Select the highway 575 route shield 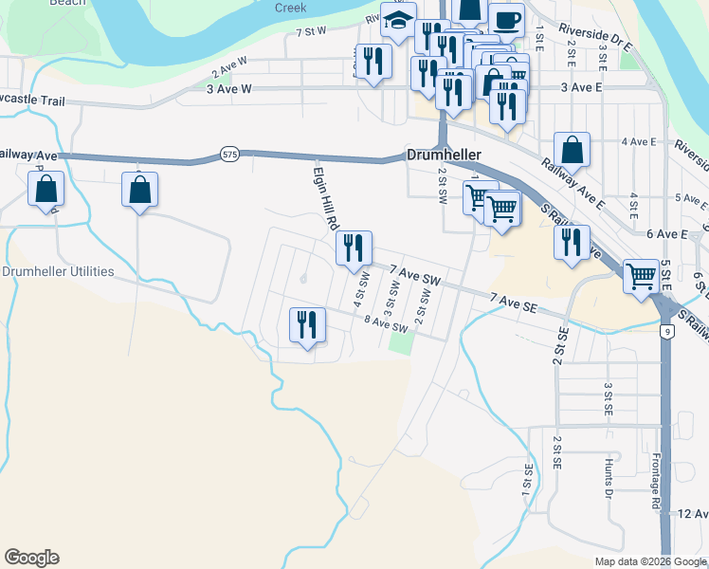tap(228, 153)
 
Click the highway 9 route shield tap(669, 330)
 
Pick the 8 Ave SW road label tap(387, 324)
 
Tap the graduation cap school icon tap(399, 20)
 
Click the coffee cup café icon tap(506, 19)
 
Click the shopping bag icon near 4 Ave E tap(572, 149)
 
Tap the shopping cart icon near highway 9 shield tap(642, 276)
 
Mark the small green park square tap(402, 341)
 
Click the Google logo tap(31, 558)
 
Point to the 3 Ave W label tap(228, 88)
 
